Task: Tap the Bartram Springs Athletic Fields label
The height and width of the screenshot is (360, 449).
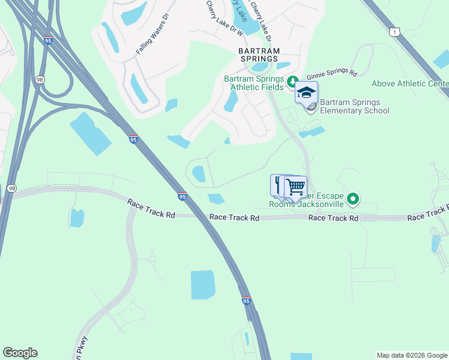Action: click(253, 83)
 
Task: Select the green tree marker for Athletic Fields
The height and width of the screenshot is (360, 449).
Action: click(293, 80)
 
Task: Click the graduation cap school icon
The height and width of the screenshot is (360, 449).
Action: click(306, 93)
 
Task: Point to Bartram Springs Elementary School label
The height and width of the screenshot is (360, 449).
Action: click(354, 106)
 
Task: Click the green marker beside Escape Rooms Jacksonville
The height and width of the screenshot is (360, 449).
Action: click(354, 199)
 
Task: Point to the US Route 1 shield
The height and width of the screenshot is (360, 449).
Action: click(394, 31)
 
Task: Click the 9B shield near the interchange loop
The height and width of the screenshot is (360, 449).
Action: click(40, 79)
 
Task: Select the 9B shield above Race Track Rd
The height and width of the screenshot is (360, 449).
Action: click(11, 188)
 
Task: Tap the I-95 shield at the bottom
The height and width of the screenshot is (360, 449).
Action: click(246, 301)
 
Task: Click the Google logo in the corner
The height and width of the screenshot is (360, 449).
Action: click(20, 353)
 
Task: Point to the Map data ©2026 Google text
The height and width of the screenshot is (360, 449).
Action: click(411, 355)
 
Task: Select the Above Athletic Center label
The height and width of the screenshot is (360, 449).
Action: click(410, 83)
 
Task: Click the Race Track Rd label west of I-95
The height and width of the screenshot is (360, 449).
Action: click(151, 209)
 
